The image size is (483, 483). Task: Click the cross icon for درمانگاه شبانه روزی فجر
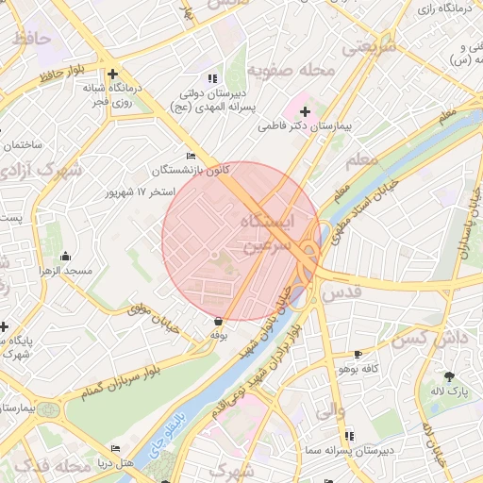point(112,74)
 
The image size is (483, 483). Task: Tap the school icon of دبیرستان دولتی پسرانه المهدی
point(213,78)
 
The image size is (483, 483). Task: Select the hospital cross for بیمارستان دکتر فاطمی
point(304,111)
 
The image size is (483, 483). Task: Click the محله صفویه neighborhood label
point(291,71)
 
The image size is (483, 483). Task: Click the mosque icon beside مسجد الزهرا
point(65,257)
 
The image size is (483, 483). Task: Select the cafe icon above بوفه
point(219,322)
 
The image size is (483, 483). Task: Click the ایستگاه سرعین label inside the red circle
point(268,232)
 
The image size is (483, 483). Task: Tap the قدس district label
point(341,293)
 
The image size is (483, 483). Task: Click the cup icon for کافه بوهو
point(357,355)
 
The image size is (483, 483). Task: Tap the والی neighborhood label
point(322,411)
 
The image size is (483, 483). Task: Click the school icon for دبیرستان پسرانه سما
point(349,435)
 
